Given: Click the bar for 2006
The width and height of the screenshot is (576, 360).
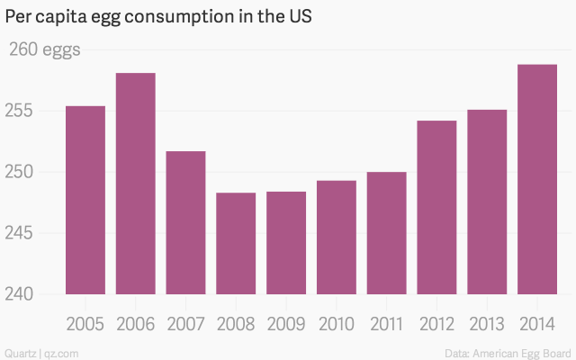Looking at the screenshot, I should point(135,184).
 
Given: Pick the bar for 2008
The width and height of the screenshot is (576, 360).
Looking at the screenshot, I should point(236,243).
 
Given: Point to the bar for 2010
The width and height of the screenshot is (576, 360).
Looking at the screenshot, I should point(336,238).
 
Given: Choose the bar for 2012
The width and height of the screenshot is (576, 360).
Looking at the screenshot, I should point(436,207).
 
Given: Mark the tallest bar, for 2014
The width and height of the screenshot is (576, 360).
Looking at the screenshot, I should point(537,179).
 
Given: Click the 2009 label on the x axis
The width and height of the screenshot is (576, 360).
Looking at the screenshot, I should point(286,324).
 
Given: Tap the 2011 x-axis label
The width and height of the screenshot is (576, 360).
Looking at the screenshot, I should point(386,324).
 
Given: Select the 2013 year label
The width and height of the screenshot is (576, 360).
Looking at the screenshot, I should point(487,324).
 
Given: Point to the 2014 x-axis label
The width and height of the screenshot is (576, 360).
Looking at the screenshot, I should point(537,324).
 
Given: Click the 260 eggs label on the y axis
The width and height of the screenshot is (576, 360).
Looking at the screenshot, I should point(43,49).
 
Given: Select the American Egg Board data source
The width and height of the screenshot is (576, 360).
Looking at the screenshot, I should point(508,350).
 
